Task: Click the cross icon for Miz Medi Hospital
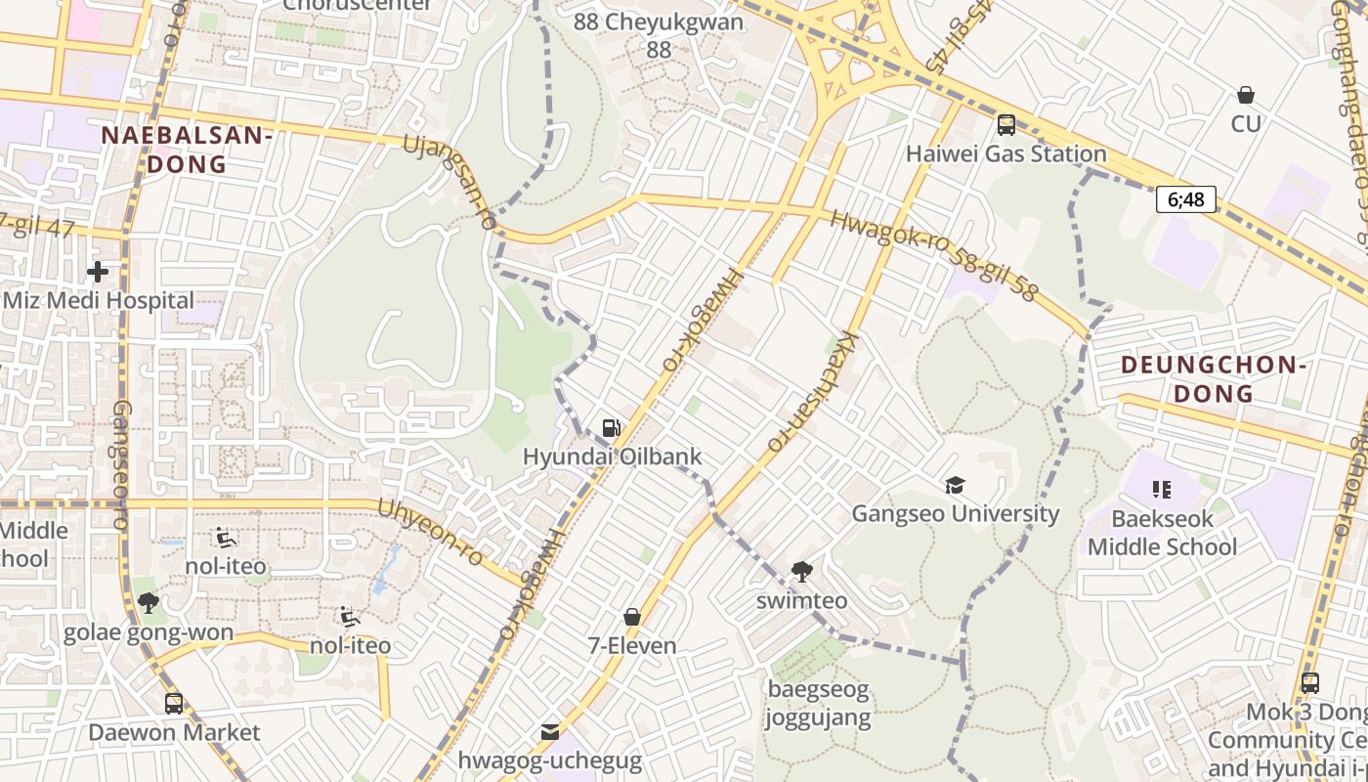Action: [98, 271]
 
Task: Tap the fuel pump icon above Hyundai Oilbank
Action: [612, 427]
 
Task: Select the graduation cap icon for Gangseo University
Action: [955, 485]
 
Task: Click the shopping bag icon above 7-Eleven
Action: [632, 617]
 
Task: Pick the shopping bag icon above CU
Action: [1246, 95]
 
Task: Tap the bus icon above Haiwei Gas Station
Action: [1005, 125]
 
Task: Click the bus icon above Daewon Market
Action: [174, 703]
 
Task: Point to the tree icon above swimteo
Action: [801, 572]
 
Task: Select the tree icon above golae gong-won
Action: [149, 603]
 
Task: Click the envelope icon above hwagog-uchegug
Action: [550, 732]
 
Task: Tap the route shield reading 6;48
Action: [1186, 199]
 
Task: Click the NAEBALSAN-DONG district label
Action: [186, 150]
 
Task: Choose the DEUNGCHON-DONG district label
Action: [1213, 379]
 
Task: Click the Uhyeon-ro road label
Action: [430, 533]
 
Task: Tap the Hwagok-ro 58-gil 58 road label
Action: [932, 254]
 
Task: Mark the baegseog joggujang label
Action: [818, 704]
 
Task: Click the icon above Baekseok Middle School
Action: [1162, 489]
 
